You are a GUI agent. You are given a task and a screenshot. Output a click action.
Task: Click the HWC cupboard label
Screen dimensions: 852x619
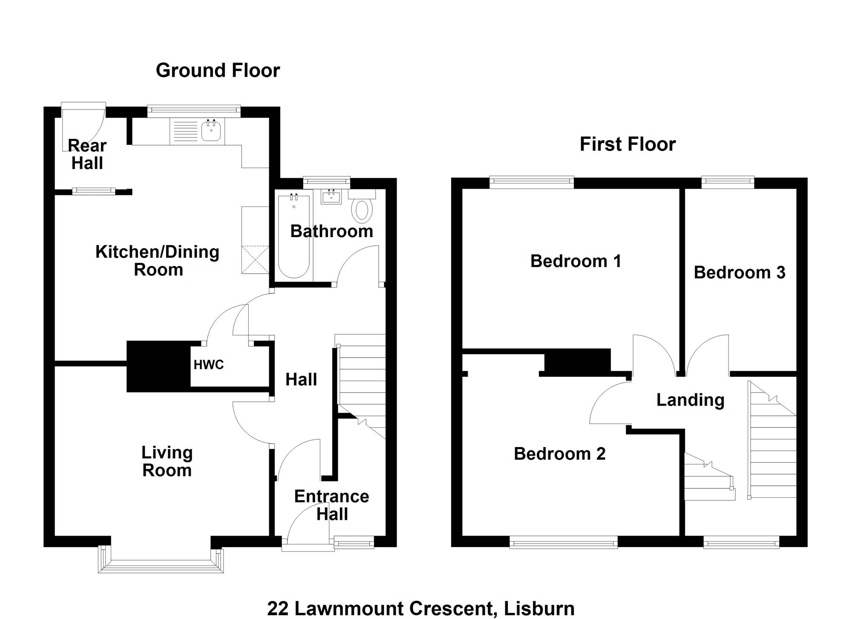(x=208, y=365)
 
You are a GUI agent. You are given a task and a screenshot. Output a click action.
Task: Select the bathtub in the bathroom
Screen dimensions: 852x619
(x=294, y=237)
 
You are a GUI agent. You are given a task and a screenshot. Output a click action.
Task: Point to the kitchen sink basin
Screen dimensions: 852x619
(x=211, y=130)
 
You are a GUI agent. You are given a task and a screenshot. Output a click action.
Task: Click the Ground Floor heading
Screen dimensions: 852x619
(x=218, y=70)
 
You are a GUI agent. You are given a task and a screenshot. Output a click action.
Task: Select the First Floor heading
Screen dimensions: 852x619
(x=627, y=144)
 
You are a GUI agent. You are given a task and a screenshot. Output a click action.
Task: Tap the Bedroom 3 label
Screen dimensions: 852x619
(x=740, y=272)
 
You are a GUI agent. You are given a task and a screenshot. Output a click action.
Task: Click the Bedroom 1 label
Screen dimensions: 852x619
(x=576, y=261)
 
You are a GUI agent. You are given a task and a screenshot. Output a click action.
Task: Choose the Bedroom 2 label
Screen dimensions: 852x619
(x=560, y=454)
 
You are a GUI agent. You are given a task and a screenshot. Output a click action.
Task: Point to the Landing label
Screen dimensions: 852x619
(x=690, y=400)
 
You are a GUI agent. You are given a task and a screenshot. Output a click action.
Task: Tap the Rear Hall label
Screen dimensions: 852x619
(x=87, y=155)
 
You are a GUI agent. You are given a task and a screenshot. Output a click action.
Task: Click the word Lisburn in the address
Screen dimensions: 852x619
(x=539, y=609)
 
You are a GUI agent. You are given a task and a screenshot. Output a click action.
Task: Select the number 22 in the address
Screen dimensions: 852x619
(x=278, y=609)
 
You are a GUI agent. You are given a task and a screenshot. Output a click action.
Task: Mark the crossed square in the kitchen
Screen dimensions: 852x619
(x=255, y=259)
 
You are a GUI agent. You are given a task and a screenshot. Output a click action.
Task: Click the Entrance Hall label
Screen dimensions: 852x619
(x=332, y=505)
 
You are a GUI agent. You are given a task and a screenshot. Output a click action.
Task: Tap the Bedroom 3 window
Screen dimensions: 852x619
(x=728, y=183)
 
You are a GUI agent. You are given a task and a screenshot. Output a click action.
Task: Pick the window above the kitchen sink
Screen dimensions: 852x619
(x=194, y=112)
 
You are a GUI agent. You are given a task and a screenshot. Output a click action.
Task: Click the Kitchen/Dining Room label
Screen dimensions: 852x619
(x=158, y=261)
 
